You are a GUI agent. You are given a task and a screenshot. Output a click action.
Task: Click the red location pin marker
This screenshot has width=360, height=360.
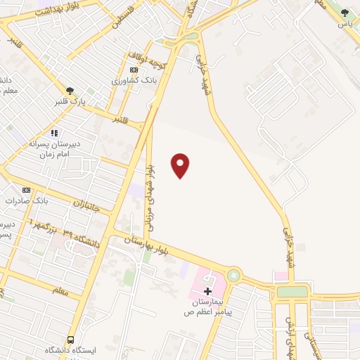click(181, 165)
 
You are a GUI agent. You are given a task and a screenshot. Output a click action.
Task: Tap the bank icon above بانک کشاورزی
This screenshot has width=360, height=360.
click(134, 70)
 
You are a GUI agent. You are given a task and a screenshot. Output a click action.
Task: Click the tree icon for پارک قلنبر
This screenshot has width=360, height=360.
click(70, 91)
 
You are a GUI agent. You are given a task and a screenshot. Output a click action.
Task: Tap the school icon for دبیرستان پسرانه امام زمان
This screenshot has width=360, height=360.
click(53, 132)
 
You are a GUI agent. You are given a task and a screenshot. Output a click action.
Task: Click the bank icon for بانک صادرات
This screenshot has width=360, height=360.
click(27, 190)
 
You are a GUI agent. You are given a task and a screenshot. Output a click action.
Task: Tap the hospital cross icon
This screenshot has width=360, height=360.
click(207, 290)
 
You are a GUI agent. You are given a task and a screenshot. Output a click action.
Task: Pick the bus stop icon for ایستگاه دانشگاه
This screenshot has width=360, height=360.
click(70, 340)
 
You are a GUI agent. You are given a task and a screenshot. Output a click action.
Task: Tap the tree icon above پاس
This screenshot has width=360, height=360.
click(344, 12)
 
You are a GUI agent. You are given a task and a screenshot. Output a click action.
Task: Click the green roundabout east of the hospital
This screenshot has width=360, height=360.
click(233, 276)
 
